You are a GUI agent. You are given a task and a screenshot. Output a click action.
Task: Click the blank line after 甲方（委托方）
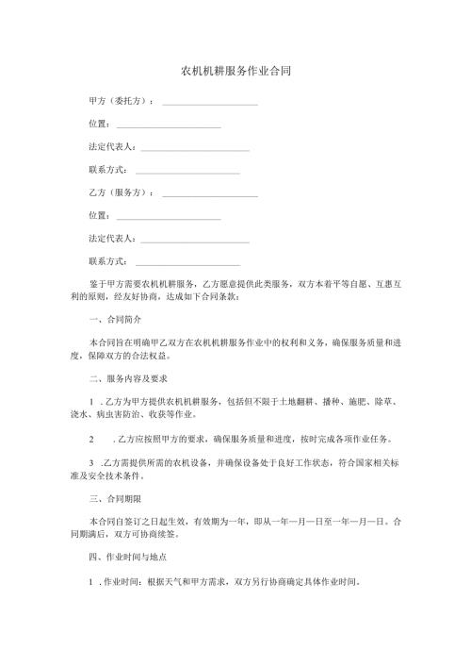point(210,101)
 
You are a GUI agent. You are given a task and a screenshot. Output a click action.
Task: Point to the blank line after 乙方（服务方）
point(210,193)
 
